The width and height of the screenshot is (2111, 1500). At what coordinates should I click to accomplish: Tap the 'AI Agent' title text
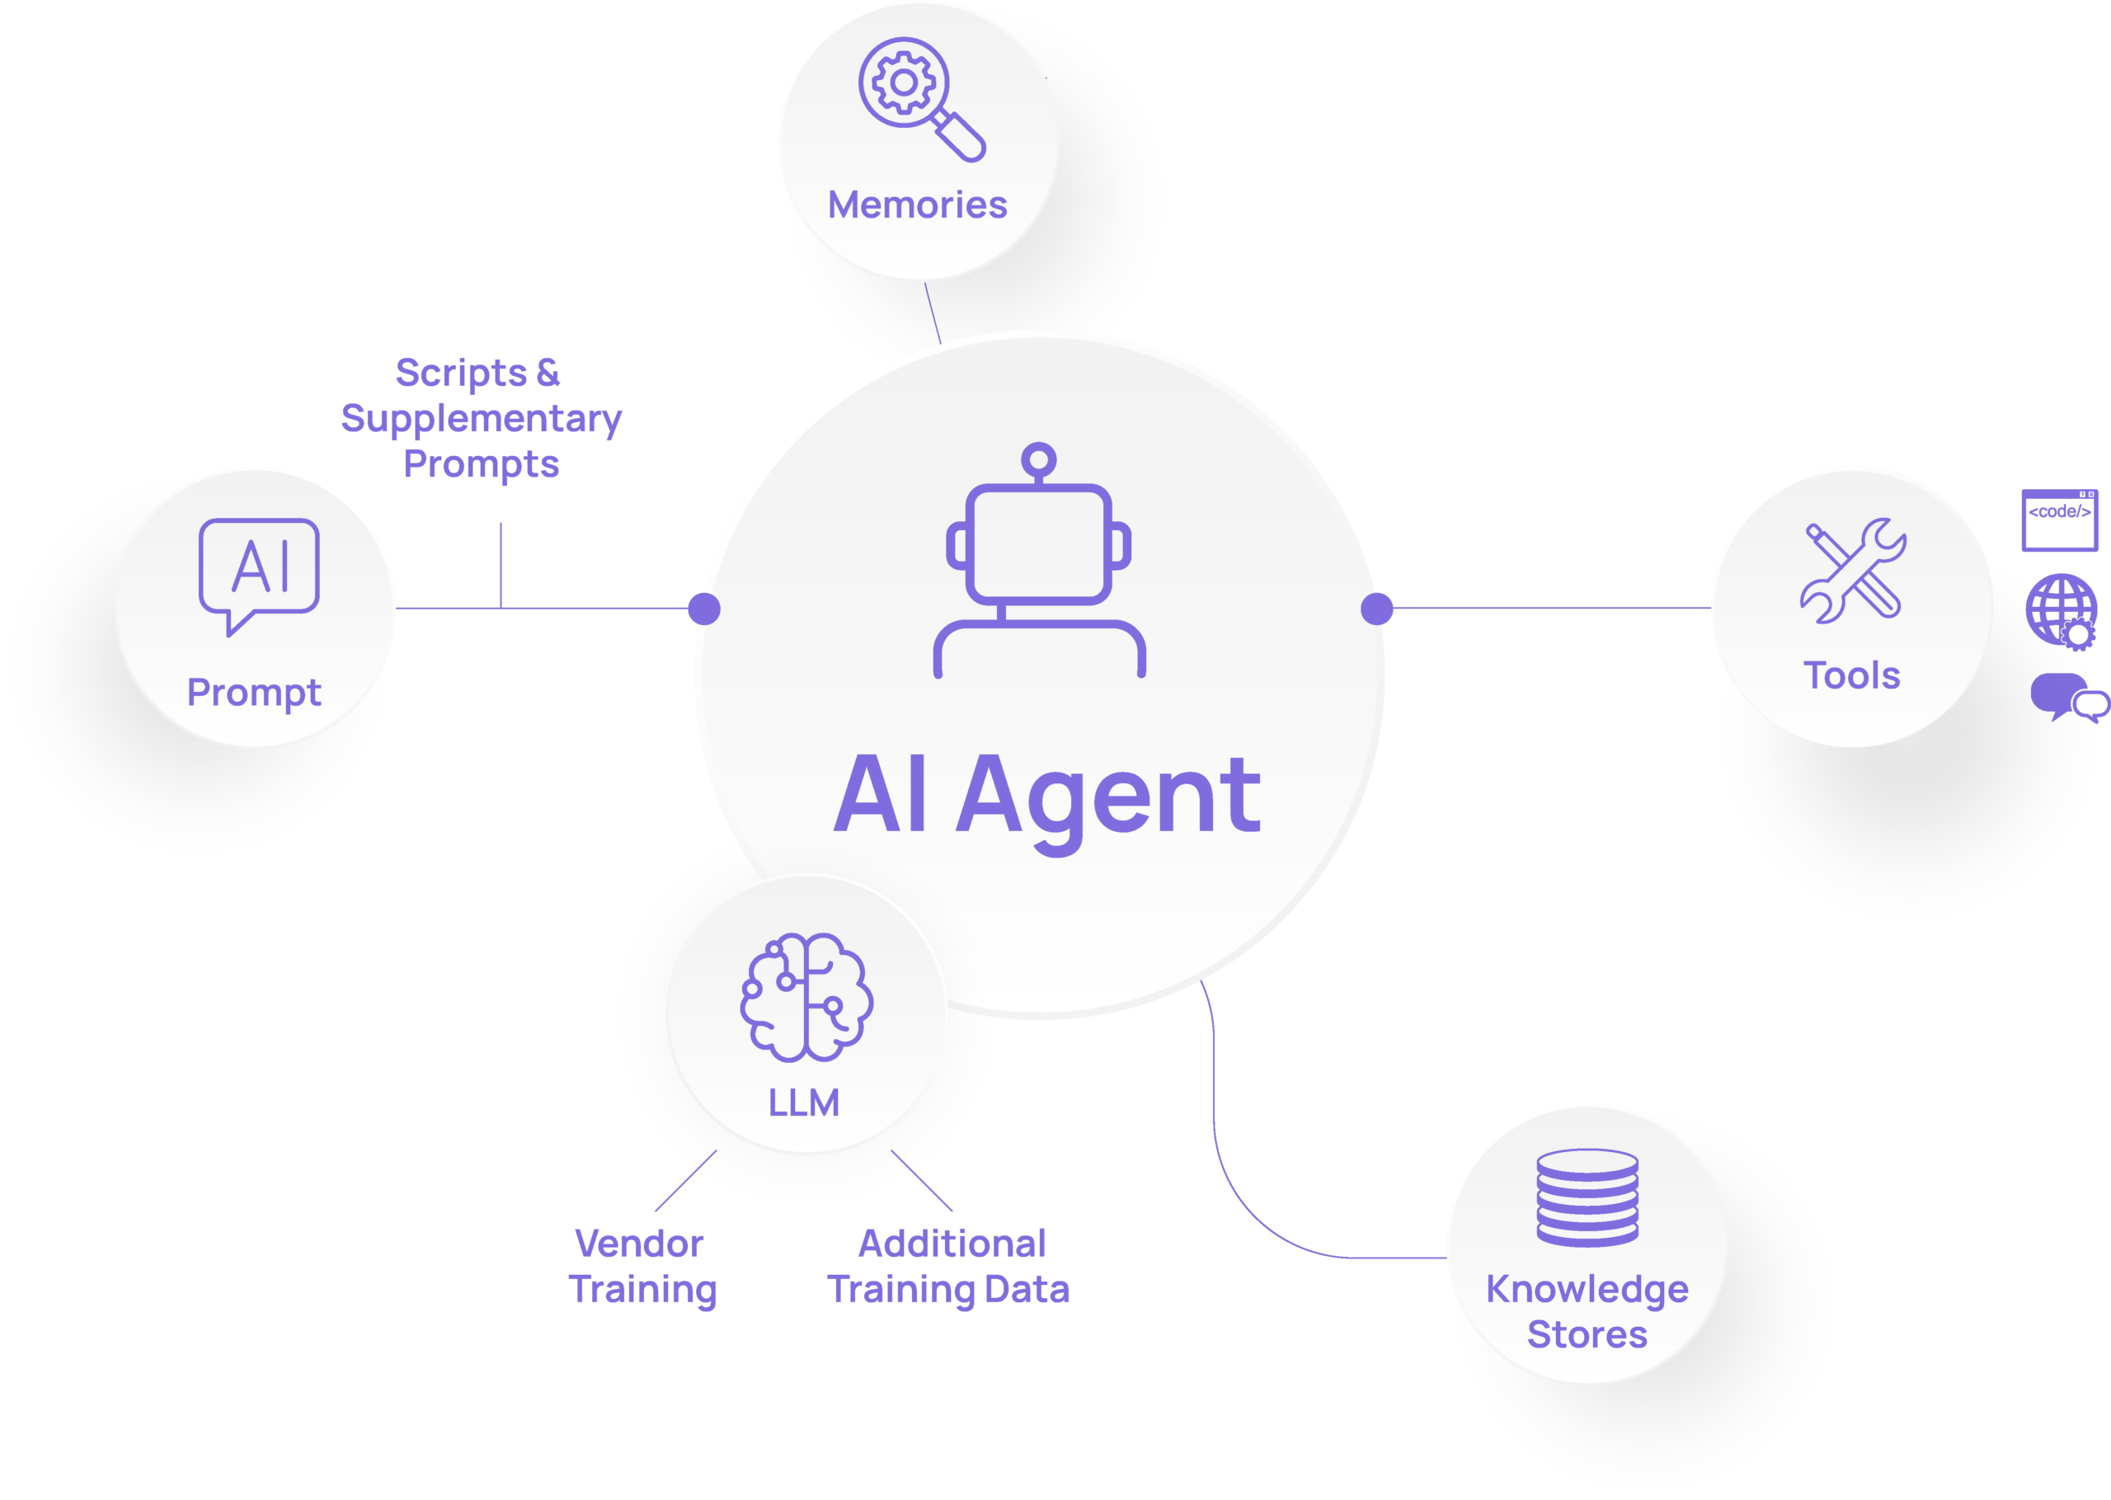click(1046, 795)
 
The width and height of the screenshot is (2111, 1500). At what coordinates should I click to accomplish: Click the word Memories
click(917, 205)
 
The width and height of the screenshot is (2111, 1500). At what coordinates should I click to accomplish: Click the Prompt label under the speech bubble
click(254, 693)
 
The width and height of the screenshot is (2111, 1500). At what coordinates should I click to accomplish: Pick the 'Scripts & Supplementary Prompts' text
click(480, 418)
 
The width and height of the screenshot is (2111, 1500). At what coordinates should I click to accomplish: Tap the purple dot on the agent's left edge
click(703, 609)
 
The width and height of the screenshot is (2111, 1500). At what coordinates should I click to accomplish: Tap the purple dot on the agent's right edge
click(1377, 609)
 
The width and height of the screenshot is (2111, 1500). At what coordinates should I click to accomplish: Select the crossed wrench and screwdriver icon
click(1852, 570)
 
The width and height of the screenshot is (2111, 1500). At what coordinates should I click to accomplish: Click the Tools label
click(1851, 676)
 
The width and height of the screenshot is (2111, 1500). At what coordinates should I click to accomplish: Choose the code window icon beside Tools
click(2059, 520)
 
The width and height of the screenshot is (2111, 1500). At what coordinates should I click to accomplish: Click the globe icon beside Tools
click(2060, 609)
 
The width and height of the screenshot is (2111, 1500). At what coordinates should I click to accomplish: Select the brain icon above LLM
click(806, 997)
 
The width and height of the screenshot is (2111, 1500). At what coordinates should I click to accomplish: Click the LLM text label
click(804, 1103)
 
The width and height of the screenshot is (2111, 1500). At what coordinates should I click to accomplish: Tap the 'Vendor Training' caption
click(642, 1267)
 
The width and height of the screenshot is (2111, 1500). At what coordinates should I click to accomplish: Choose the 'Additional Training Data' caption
click(949, 1267)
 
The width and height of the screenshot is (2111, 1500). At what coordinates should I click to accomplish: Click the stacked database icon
click(1587, 1197)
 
